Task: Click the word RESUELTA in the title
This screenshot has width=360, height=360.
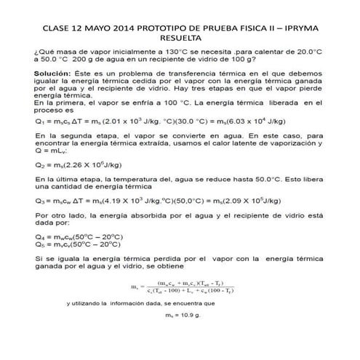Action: click(x=180, y=41)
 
